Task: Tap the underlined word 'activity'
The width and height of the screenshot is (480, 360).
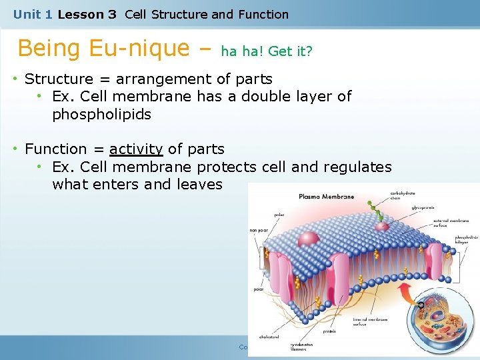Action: (x=136, y=149)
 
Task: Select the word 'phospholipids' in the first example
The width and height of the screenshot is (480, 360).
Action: (x=101, y=115)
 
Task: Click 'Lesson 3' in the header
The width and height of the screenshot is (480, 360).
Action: (x=87, y=14)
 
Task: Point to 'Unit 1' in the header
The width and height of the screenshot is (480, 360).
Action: (x=33, y=14)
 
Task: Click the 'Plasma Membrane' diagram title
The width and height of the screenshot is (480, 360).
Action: (x=327, y=197)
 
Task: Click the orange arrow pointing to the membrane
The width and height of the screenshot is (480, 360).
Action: (x=421, y=305)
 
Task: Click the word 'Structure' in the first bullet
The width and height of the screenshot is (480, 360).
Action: (x=55, y=79)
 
